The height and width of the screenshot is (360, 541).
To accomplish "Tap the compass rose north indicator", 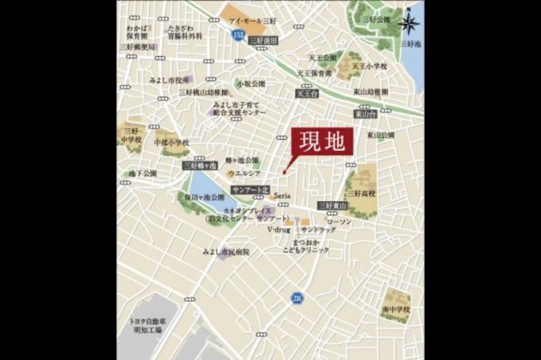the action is [x=411, y=22].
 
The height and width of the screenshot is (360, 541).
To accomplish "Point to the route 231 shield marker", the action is [x=296, y=297].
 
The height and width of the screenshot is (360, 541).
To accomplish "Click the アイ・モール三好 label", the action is [x=248, y=20].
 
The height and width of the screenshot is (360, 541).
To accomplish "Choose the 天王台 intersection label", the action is [x=306, y=94].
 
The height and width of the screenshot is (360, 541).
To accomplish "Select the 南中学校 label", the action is [x=395, y=309].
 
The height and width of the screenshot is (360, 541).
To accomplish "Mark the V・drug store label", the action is [x=279, y=230].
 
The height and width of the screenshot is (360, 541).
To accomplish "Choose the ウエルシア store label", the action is [x=243, y=174].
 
